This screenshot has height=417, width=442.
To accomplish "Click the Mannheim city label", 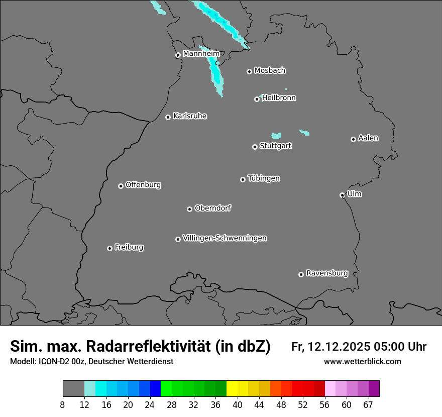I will click(x=201, y=54).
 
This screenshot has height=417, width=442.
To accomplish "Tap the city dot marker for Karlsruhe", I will click(x=168, y=118).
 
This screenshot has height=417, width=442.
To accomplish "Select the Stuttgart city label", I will click(x=275, y=146).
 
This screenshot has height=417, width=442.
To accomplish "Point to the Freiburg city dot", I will click(x=109, y=248).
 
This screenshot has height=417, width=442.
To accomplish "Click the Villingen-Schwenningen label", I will click(x=225, y=238).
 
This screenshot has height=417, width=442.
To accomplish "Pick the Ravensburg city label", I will click(x=326, y=274).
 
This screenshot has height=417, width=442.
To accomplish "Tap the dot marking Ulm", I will click(x=342, y=195).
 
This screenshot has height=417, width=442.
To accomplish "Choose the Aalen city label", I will click(x=368, y=138).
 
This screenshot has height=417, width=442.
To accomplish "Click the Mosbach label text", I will click(x=270, y=71).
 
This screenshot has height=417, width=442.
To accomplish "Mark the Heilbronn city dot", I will click(x=257, y=99).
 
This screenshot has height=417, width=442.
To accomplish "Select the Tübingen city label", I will click(x=264, y=178).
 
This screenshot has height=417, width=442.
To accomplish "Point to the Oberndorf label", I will click(x=212, y=208).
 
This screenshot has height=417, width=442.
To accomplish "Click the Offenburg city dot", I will click(x=121, y=186).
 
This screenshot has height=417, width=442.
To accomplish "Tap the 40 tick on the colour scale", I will click(x=238, y=404).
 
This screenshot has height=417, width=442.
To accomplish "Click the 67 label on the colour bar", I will click(x=368, y=404).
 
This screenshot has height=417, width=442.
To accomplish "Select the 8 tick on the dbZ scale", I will click(x=63, y=404).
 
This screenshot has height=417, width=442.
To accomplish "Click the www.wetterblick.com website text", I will click(x=362, y=362).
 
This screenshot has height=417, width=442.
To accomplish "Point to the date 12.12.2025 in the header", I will click(x=339, y=347).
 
